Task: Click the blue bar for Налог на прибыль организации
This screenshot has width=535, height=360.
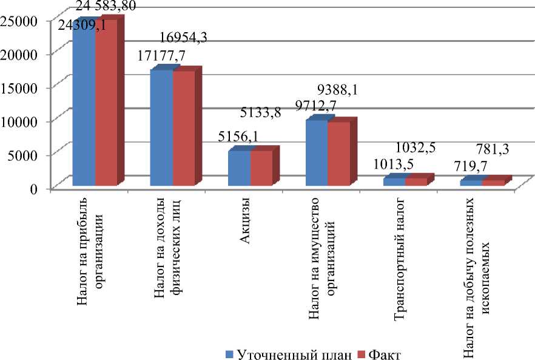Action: point(83,103)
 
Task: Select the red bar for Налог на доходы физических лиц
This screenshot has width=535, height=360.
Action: point(183,127)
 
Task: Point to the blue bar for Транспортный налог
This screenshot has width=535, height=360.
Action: point(394,181)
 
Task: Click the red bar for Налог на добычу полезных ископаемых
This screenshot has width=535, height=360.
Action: point(493,183)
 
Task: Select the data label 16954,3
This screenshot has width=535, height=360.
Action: point(183,38)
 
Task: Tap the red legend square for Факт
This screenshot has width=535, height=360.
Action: point(361,354)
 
